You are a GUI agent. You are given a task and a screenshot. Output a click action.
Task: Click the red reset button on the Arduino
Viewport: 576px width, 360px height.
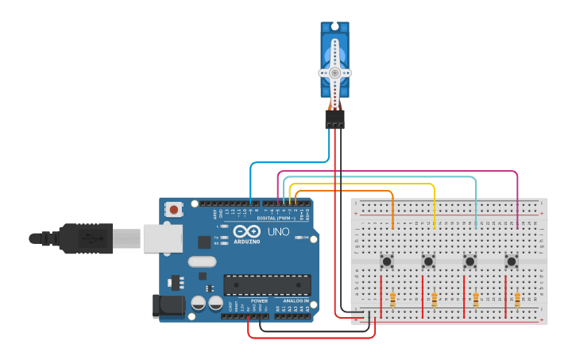[x=173, y=210]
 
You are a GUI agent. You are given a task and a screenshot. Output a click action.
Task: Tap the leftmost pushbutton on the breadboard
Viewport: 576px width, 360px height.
[x=387, y=261]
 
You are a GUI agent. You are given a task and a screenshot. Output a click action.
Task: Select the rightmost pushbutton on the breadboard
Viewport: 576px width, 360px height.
[x=511, y=261]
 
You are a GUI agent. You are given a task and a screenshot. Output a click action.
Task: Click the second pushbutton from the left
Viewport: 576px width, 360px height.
[x=428, y=261]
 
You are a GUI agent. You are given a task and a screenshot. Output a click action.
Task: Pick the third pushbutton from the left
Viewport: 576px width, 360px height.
[x=470, y=261]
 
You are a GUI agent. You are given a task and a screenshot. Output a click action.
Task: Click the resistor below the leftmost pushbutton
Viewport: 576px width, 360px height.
[x=393, y=300]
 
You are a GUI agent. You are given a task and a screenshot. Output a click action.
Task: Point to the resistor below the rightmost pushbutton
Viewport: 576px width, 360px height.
[x=517, y=300]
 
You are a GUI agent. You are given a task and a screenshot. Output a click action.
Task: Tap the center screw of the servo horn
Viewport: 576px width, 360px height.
[x=334, y=72]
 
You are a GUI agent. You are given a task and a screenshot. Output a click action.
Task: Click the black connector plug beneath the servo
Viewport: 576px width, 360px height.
[x=334, y=119]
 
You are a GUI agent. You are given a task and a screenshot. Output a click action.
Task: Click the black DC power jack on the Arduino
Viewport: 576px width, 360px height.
[x=168, y=305]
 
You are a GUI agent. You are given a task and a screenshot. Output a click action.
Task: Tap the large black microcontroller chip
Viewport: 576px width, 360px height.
[x=267, y=285]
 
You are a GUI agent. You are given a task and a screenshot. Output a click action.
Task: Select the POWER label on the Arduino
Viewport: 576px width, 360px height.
[x=259, y=301]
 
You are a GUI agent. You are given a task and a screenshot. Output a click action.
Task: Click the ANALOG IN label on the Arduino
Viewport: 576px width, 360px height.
[x=292, y=301]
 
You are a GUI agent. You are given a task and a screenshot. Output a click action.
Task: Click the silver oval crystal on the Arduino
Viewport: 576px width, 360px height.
[x=202, y=261]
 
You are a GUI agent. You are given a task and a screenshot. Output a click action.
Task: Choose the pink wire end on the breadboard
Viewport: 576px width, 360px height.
[x=517, y=227]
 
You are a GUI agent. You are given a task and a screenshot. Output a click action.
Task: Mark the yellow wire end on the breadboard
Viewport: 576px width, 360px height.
[x=435, y=227]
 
